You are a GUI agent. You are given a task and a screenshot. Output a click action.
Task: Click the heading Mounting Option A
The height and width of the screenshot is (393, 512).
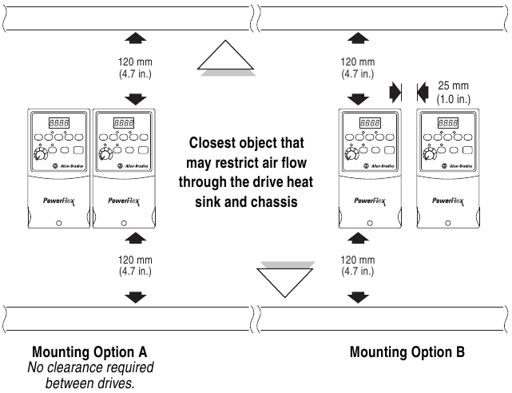pyautogui.click(x=89, y=352)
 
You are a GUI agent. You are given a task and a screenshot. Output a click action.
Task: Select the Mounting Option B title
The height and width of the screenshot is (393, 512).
pyautogui.click(x=407, y=352)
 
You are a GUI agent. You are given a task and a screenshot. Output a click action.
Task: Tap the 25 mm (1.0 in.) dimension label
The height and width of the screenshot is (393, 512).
pyautogui.click(x=454, y=92)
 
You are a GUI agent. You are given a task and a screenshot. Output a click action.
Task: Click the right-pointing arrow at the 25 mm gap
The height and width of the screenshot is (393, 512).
pyautogui.click(x=395, y=93)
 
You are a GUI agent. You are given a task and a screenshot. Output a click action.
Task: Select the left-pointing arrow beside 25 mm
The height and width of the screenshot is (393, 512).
pyautogui.click(x=423, y=93)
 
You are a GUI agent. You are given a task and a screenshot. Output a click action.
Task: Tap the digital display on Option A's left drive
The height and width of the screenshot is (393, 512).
pyautogui.click(x=59, y=123)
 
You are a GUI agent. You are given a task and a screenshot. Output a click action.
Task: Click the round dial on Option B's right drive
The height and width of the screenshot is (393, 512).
pyautogui.click(x=430, y=153)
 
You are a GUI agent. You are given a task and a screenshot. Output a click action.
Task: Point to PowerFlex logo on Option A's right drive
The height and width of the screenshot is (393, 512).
pyautogui.click(x=124, y=201)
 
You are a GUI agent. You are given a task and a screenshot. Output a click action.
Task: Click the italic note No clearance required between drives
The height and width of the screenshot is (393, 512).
pyautogui.click(x=90, y=375)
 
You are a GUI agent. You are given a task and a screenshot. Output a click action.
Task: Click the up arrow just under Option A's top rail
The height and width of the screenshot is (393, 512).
pyautogui.click(x=136, y=38)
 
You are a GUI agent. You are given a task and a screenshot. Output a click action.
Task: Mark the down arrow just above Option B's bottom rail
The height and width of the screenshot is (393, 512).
pyautogui.click(x=358, y=297)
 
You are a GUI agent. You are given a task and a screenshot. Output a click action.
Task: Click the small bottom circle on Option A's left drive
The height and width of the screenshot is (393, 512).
pyautogui.click(x=59, y=224)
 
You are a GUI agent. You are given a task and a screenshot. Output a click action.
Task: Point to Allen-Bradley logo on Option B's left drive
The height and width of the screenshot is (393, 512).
pyautogui.click(x=379, y=166)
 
